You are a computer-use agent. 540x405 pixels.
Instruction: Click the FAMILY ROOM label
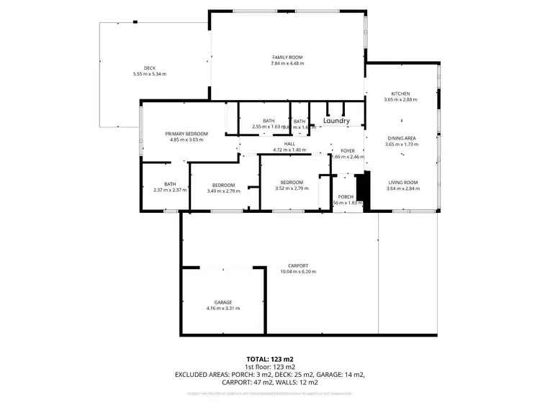pyautogui.click(x=287, y=57)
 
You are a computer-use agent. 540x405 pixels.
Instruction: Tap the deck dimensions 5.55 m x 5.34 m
pyautogui.click(x=150, y=74)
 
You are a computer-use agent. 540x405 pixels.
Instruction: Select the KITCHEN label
pyautogui.click(x=400, y=94)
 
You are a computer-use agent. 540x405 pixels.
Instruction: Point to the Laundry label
pyautogui.click(x=336, y=122)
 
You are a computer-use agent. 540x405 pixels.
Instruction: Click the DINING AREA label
pyautogui.click(x=400, y=138)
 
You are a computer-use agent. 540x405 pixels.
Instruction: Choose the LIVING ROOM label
pyautogui.click(x=402, y=183)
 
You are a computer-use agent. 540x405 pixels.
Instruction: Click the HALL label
pyautogui.click(x=289, y=144)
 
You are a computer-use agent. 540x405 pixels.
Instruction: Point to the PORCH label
pyautogui.click(x=346, y=196)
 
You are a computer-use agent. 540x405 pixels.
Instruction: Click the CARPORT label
pyautogui.click(x=298, y=265)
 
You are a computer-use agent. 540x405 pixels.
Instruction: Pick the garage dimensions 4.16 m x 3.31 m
pyautogui.click(x=222, y=308)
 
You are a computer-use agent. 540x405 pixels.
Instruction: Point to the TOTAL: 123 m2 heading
pyautogui.click(x=270, y=358)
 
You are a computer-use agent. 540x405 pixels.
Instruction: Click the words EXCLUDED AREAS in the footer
pyautogui.click(x=199, y=375)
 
